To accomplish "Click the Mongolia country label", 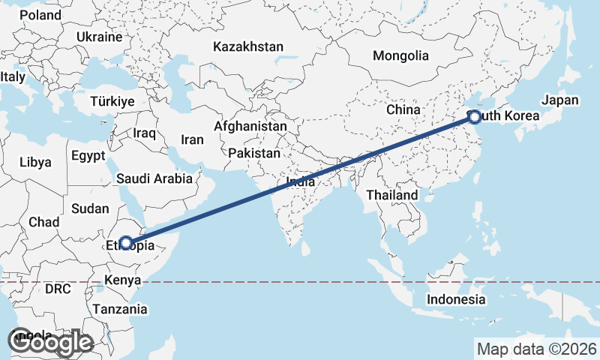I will (x=400, y=55).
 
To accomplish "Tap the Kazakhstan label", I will (x=247, y=46).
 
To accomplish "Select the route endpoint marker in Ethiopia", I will (x=126, y=243).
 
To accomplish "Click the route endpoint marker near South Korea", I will (x=475, y=116).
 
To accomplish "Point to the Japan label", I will (x=560, y=100).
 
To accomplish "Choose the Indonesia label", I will (x=456, y=299).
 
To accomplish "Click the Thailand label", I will (x=391, y=195).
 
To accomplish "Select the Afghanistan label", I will (x=250, y=127).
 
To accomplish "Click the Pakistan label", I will (x=254, y=153).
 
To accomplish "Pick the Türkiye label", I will (x=112, y=101).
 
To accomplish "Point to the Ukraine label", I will (x=99, y=37).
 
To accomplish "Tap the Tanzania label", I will (x=120, y=308).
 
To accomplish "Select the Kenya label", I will (x=123, y=280).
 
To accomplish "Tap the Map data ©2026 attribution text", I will (x=536, y=349).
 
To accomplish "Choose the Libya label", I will (x=35, y=162).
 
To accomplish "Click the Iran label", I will (x=192, y=139).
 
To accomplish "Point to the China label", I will (x=403, y=109).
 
